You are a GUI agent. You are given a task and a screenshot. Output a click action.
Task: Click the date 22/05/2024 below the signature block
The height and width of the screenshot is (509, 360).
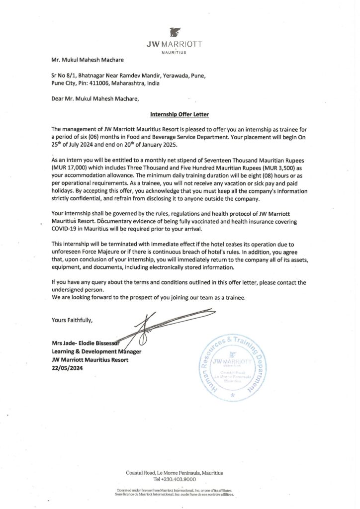pyautogui.click(x=67, y=368)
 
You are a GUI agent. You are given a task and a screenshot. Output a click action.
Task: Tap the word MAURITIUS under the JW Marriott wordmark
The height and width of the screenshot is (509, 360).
pyautogui.click(x=174, y=52)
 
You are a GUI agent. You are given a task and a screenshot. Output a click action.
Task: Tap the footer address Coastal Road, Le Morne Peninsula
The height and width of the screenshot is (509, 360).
pyautogui.click(x=174, y=472)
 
